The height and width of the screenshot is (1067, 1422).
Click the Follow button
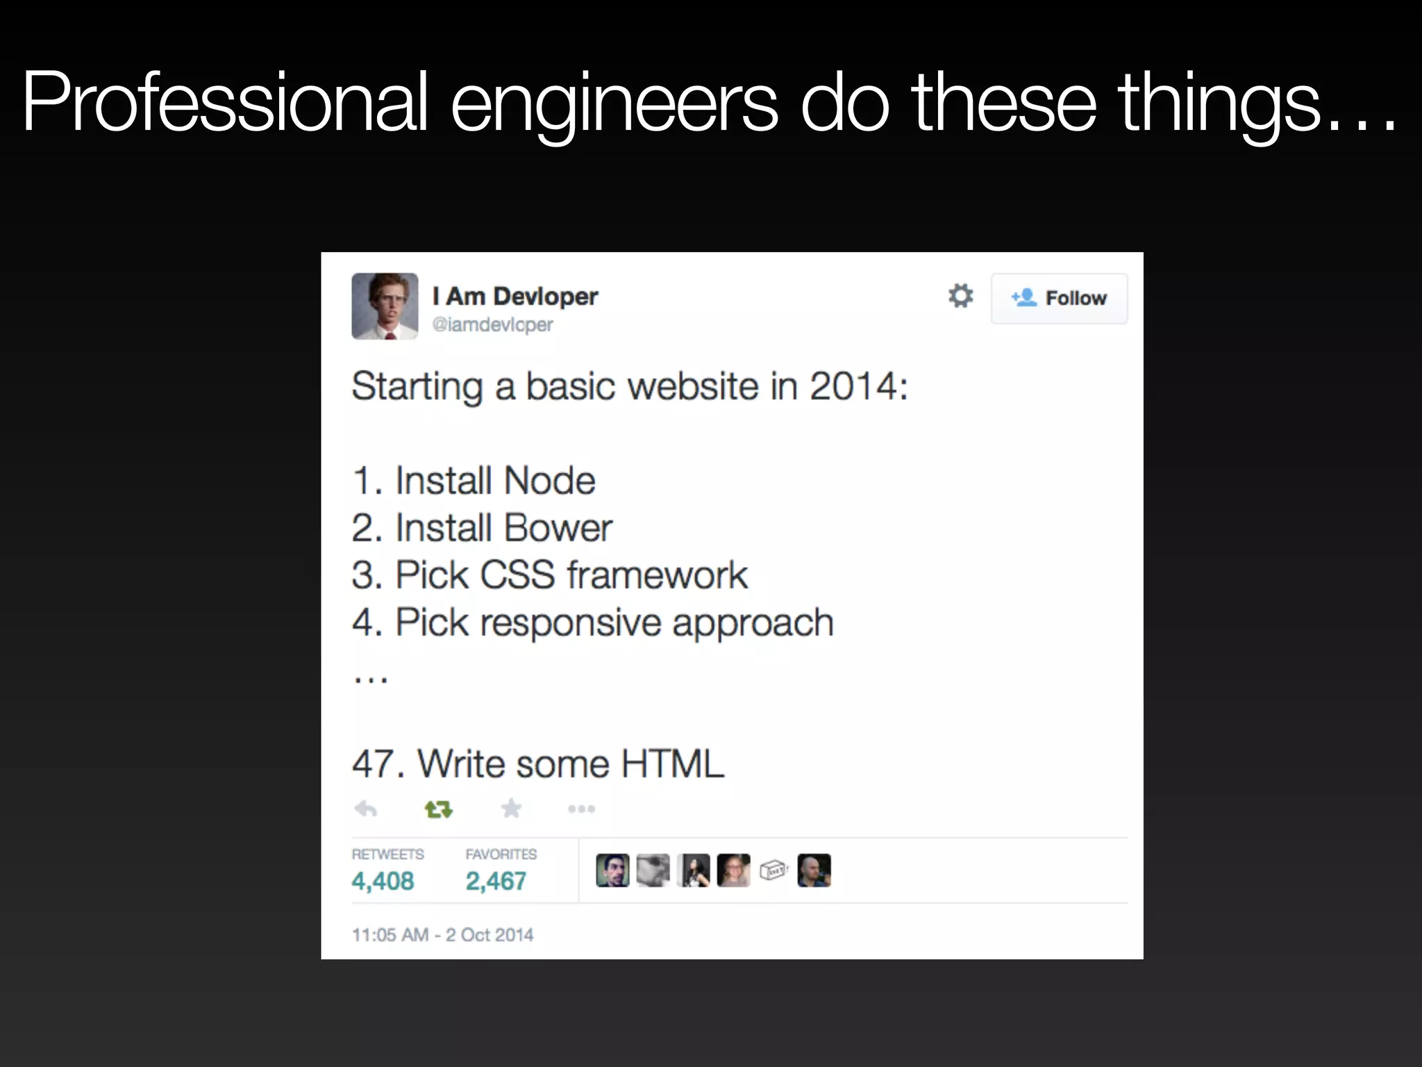click(1059, 298)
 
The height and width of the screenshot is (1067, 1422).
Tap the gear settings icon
click(960, 296)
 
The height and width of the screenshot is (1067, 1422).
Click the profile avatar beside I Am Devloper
click(385, 306)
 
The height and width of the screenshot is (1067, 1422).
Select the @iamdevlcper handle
click(492, 324)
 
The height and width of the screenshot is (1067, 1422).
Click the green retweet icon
click(438, 809)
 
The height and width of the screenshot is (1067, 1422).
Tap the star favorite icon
click(511, 808)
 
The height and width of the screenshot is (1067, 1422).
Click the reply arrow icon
click(365, 809)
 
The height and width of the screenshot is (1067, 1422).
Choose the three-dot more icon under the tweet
click(581, 809)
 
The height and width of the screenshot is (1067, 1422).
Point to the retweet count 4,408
click(383, 881)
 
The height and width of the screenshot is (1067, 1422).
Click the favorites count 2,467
click(496, 881)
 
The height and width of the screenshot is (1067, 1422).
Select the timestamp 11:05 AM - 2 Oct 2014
click(442, 934)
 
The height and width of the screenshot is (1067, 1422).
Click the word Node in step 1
click(549, 481)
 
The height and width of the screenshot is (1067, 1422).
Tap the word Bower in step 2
click(558, 528)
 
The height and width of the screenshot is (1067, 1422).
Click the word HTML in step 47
click(672, 764)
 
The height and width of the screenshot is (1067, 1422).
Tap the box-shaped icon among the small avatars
click(773, 870)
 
